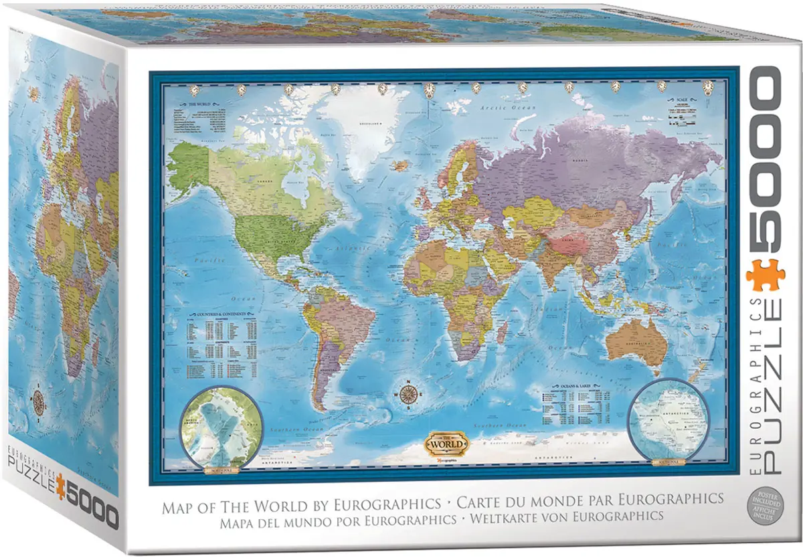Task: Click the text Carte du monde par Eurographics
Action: (590, 499)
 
